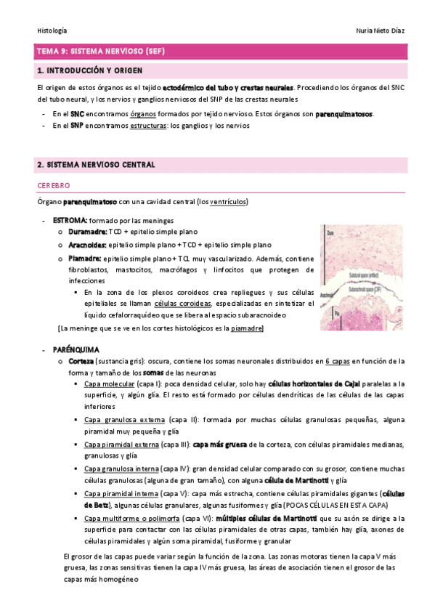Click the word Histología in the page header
[52, 31]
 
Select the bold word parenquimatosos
[344, 113]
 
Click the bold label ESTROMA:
[70, 221]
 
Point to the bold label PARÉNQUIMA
[74, 349]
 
